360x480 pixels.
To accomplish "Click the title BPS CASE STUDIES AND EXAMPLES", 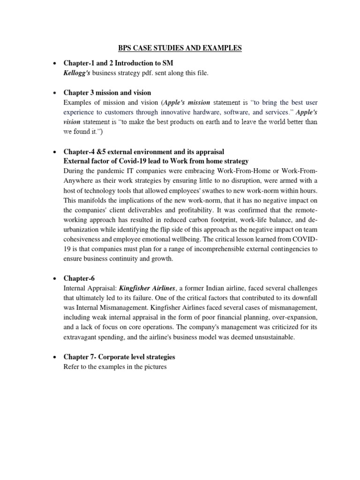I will point(180,48).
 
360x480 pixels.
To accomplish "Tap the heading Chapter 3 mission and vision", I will point(107,93).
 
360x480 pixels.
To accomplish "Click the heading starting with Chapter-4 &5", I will point(144,152).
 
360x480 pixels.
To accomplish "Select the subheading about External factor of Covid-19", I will point(156,161).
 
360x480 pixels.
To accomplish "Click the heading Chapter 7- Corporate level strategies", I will point(119,357).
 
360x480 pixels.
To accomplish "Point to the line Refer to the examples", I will point(115,367).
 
